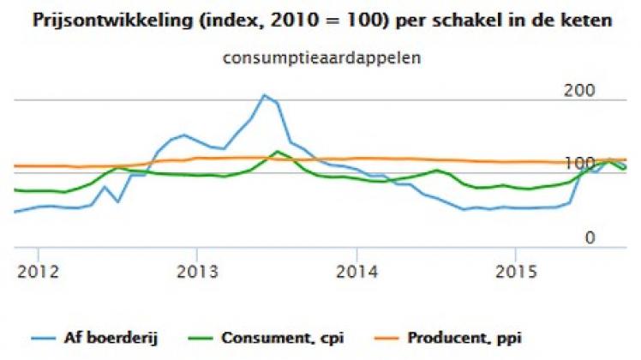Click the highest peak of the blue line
point(264,95)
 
